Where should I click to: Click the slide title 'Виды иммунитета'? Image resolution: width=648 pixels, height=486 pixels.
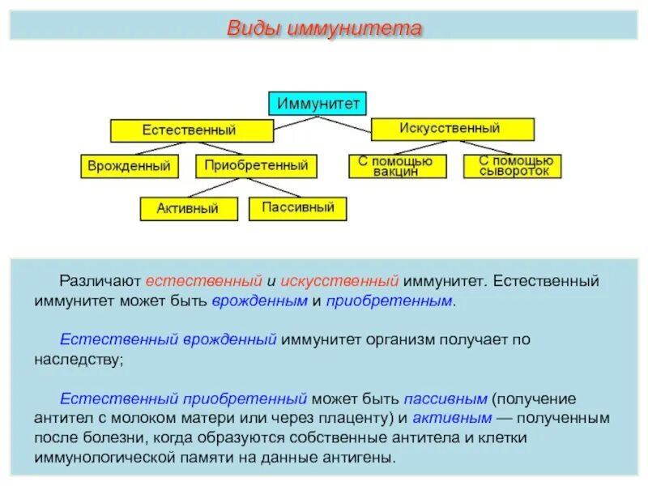324,29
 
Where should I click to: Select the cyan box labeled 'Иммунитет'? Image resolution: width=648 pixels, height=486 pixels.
318,104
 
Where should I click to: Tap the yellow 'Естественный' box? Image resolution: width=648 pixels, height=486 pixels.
192,130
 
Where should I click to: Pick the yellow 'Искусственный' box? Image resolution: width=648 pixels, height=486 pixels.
453,129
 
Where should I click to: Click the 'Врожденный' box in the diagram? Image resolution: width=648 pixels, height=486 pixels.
130,167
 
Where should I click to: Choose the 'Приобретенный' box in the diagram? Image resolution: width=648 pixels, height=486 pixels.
256,166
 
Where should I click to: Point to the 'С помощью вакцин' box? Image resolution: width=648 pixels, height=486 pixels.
396,166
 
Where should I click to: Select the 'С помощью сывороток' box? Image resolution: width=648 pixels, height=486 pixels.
513,166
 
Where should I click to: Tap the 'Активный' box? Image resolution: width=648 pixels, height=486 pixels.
190,208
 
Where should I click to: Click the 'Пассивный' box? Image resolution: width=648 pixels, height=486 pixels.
298,207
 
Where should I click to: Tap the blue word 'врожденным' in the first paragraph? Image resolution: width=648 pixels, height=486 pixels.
259,301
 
